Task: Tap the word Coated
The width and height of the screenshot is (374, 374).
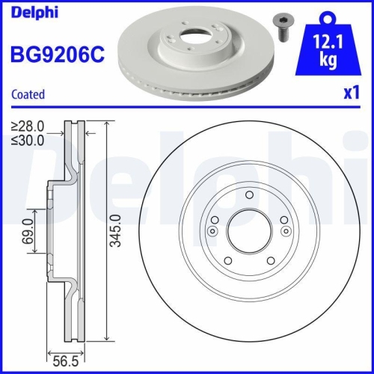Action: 28,94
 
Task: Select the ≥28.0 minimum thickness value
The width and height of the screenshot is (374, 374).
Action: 28,126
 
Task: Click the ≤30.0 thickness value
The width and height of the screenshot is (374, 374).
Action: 28,140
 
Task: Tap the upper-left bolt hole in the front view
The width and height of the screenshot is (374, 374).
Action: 214,218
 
